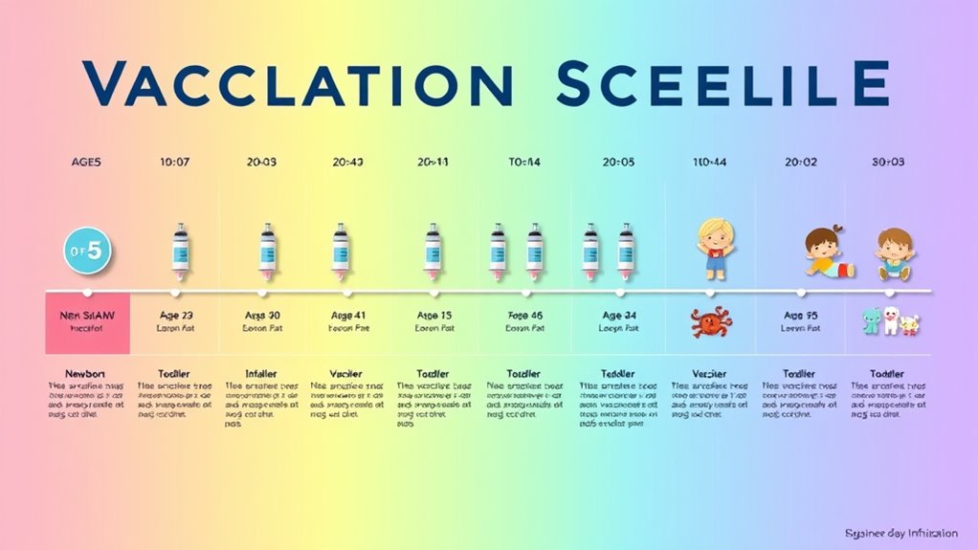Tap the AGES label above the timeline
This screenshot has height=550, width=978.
[x=86, y=163]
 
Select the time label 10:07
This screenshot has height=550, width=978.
[x=174, y=163]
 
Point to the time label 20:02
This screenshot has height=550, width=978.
[x=801, y=163]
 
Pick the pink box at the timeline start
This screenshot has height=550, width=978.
[x=88, y=319]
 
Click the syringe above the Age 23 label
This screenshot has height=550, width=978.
[x=178, y=251]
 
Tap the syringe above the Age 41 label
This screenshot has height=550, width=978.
[x=341, y=251]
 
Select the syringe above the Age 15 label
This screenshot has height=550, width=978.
[x=433, y=251]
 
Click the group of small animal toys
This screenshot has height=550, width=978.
[x=890, y=321]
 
